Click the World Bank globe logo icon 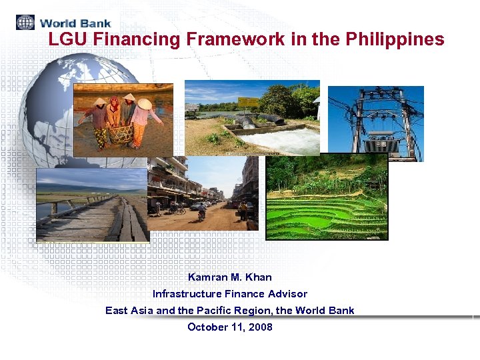25,22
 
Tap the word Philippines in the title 395,39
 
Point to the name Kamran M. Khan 229,277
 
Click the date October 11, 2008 229,327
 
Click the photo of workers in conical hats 123,120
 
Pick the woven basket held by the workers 121,134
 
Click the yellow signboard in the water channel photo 248,102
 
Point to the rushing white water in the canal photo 293,140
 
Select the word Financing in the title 136,39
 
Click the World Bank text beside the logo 75,23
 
